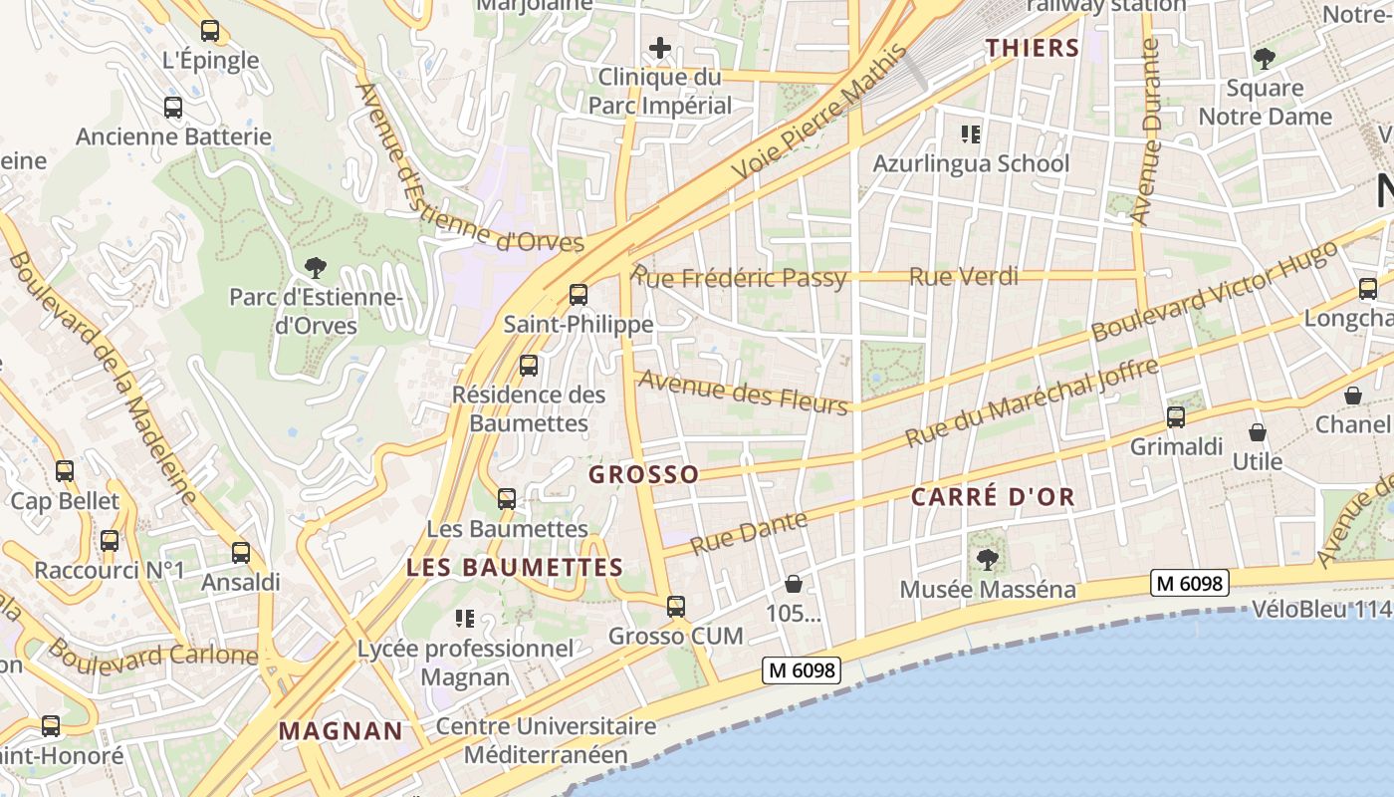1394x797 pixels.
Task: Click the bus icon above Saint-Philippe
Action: coord(578,295)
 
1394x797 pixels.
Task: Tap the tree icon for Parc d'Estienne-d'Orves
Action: coord(316,267)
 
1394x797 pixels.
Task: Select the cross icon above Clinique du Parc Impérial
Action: coord(659,48)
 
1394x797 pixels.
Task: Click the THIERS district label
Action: coord(1033,48)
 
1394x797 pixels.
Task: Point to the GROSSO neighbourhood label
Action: coord(643,474)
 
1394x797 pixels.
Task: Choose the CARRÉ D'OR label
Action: coord(994,497)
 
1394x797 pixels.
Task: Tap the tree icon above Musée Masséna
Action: coord(987,560)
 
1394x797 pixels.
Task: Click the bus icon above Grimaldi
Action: coord(1176,417)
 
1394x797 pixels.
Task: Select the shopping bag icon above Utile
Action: coord(1258,432)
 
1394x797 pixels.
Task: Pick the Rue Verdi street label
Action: coord(964,277)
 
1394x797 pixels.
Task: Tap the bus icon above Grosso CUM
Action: coord(676,606)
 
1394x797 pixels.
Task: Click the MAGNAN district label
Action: coord(341,731)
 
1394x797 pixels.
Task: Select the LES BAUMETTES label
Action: coord(515,568)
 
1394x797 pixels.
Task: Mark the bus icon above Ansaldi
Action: coord(240,553)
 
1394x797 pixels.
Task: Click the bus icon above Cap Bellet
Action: coord(65,471)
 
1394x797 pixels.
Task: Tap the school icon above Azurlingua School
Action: coord(970,133)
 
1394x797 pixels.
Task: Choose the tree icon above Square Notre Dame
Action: coord(1264,59)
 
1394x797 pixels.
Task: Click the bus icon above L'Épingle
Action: coord(209,31)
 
